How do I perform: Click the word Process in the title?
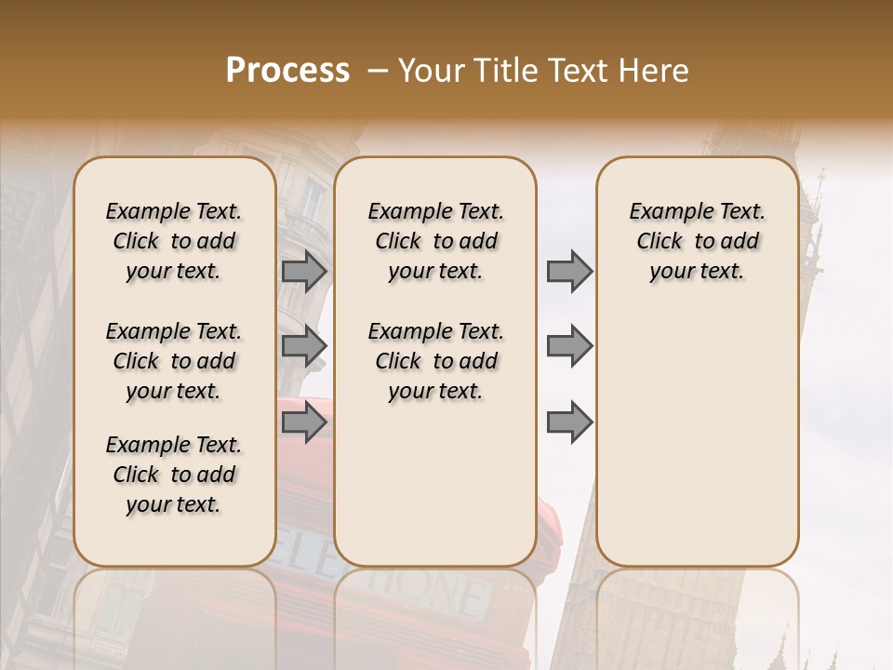(x=287, y=71)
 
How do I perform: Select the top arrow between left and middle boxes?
(x=304, y=271)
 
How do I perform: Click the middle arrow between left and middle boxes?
(x=304, y=346)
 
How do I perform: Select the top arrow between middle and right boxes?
(x=569, y=271)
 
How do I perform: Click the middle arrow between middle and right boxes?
(x=569, y=346)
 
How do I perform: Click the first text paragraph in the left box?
(x=174, y=241)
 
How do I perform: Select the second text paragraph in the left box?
(x=174, y=361)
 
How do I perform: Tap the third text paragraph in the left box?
(x=174, y=475)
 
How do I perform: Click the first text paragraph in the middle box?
(x=435, y=241)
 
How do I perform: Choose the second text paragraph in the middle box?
(x=435, y=361)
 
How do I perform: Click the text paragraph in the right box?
(x=698, y=241)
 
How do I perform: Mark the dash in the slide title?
(x=379, y=71)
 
